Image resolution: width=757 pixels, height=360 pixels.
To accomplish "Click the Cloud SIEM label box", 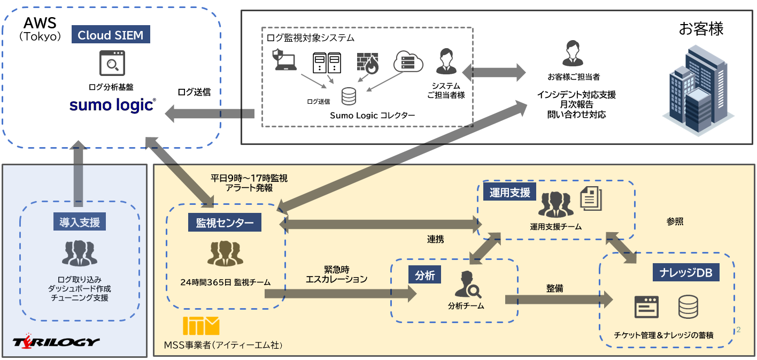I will coord(111,35).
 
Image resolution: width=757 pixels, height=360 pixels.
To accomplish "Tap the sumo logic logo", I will coord(112,105).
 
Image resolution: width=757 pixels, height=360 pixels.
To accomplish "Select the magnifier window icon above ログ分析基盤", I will coord(112,64).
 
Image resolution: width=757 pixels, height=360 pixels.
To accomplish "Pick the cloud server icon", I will coord(408,62).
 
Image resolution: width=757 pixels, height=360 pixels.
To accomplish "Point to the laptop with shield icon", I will coord(285,60).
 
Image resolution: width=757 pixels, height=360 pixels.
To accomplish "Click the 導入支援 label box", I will coord(80,222).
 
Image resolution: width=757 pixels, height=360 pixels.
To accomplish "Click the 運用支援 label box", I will coord(509,193).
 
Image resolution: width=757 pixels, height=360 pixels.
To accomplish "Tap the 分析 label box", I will coord(425,275).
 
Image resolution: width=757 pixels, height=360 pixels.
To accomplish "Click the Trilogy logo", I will coord(56,342).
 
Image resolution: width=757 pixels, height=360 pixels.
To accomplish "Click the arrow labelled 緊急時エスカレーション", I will coord(340,293).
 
